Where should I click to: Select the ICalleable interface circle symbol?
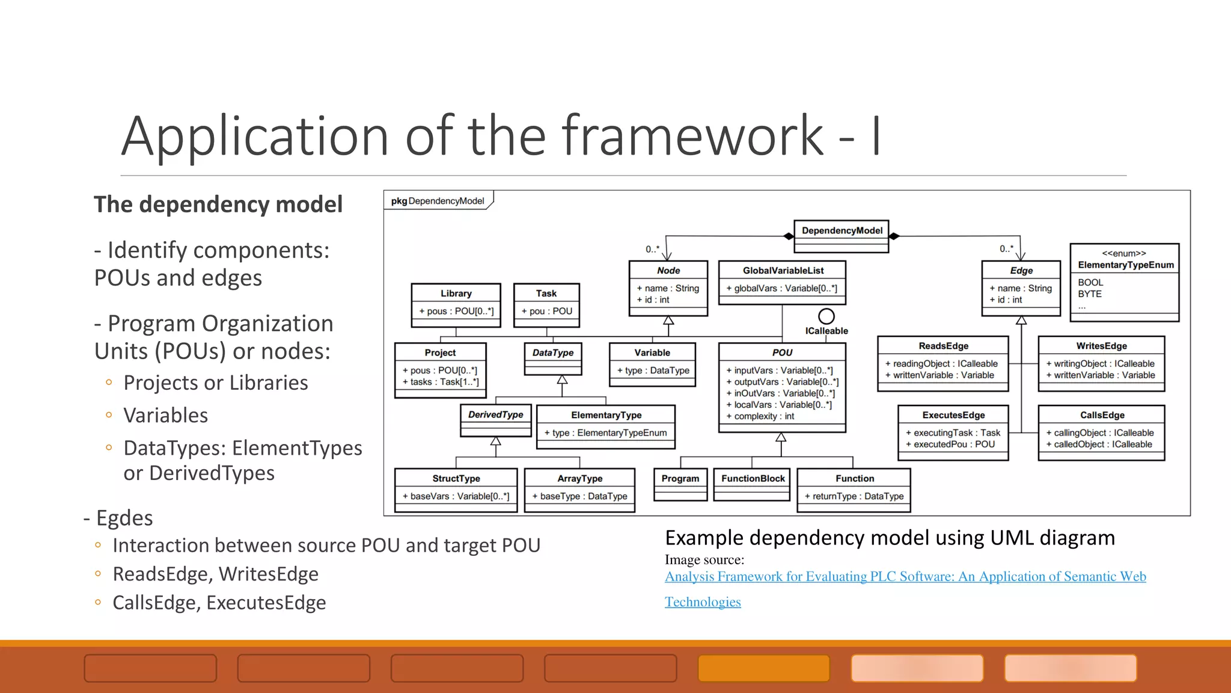[826, 316]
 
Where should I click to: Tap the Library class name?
[456, 294]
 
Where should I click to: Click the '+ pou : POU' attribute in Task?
[546, 311]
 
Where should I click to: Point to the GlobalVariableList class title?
[783, 271]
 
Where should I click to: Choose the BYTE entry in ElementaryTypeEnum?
[1089, 294]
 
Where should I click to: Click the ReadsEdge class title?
[942, 346]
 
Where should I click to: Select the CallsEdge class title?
[1102, 415]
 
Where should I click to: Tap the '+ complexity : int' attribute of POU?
[760, 416]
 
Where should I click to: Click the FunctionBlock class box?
[753, 484]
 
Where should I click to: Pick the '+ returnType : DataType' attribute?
[854, 496]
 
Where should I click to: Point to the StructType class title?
[456, 479]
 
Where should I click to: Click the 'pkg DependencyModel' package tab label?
[438, 201]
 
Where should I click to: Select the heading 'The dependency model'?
[218, 205]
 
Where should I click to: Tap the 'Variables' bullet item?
[165, 416]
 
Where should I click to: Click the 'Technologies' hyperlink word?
[702, 602]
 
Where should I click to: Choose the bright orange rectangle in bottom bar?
[763, 668]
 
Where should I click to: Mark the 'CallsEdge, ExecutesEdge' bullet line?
[219, 603]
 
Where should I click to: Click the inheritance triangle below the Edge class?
[1021, 321]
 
